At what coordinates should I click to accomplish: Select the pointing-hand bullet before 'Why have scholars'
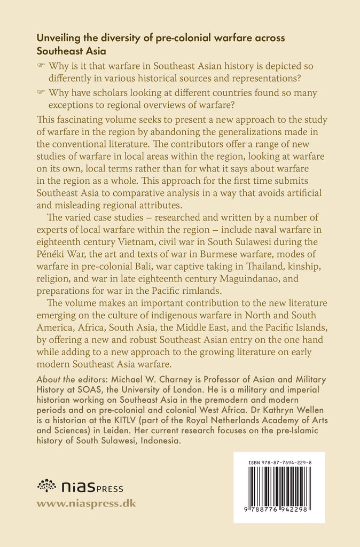click(x=41, y=93)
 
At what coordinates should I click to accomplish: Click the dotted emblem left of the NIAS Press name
click(x=46, y=486)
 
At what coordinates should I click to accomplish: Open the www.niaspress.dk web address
click(x=86, y=503)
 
